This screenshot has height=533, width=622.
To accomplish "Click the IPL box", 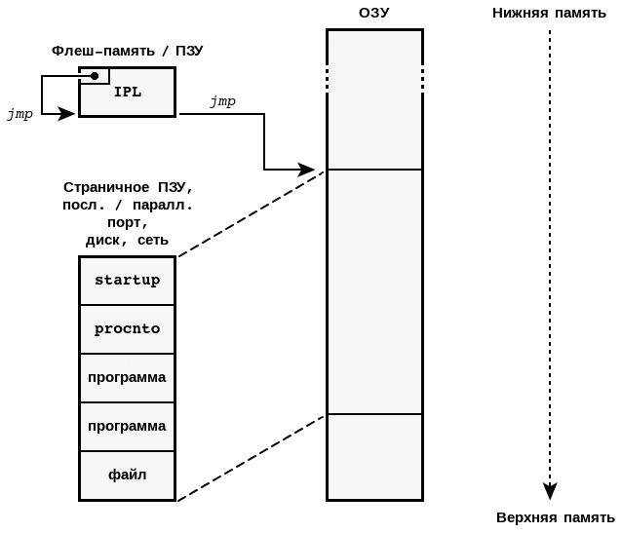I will coord(128,93).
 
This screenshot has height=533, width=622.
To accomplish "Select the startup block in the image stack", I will coord(127,281).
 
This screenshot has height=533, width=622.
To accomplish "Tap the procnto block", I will coord(127,329).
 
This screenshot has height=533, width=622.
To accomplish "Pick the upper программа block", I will coord(127,377).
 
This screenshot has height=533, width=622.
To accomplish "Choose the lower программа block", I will coord(127,426).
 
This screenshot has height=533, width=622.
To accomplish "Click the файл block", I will coord(127,475).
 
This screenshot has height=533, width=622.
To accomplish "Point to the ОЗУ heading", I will coord(373,13).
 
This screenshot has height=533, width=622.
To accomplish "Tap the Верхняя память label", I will coord(555,516).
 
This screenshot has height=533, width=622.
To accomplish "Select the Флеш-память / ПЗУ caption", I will coord(128,50).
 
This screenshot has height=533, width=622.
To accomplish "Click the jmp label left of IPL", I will coord(19,114).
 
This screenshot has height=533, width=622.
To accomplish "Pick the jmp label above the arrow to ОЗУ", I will coord(222,100).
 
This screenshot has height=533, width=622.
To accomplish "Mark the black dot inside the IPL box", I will coord(95,76).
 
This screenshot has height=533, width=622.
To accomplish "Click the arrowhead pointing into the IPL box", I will coord(67,114).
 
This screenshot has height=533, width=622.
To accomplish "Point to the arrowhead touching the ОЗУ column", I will coord(307,170).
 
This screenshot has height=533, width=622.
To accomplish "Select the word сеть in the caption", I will coord(152,240).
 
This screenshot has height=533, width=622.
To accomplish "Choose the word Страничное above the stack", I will coord(105,187).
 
